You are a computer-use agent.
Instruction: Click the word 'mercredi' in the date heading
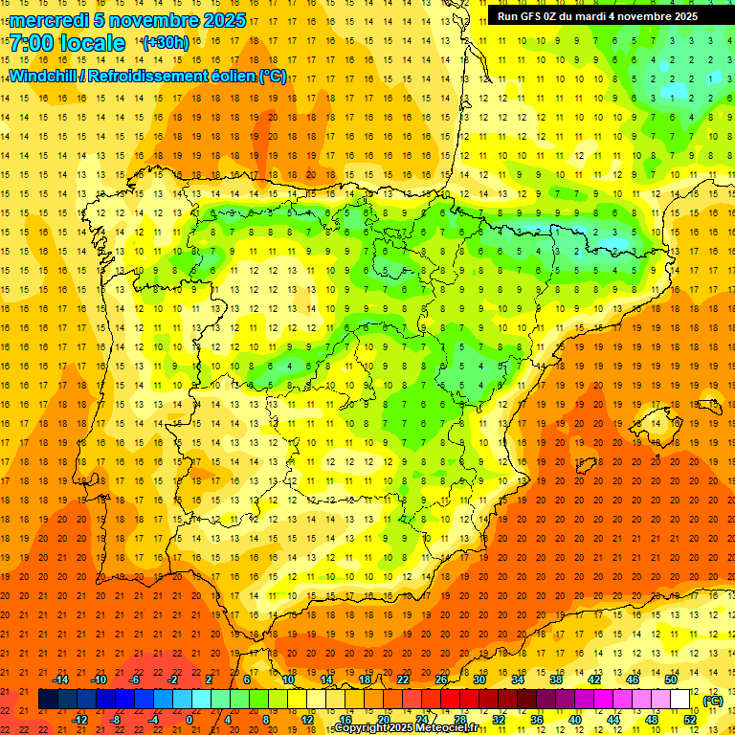(50, 20)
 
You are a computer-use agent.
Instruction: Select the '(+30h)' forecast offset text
(165, 43)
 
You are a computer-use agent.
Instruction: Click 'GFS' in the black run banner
(529, 16)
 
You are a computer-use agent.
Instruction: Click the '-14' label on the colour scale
(59, 679)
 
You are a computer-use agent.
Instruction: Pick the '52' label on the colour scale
(690, 720)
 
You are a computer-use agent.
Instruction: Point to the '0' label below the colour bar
(189, 720)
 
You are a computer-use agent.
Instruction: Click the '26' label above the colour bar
(441, 679)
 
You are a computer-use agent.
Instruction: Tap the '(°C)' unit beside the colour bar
(713, 701)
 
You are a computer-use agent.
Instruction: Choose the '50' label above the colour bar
(671, 679)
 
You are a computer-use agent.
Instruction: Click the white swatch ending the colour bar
(679, 700)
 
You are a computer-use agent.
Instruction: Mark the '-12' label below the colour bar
(79, 720)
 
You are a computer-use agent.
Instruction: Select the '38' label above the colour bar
(556, 679)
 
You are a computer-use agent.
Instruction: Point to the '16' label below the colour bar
(345, 720)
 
